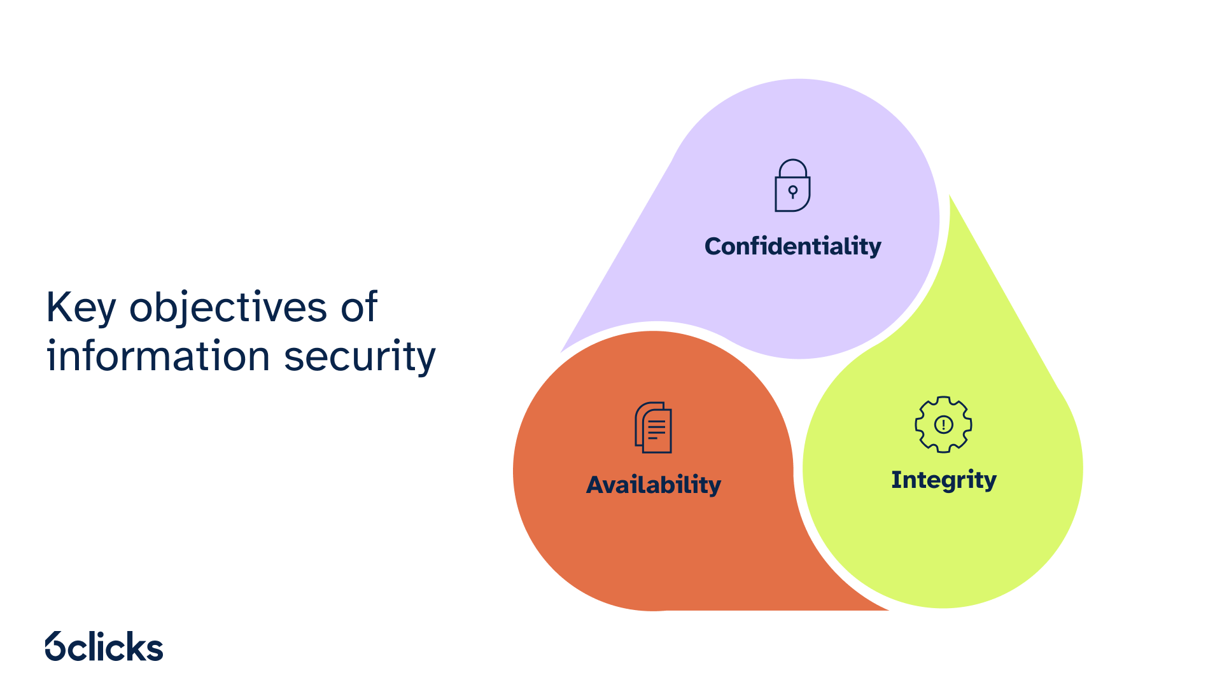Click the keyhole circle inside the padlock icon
pyautogui.click(x=793, y=190)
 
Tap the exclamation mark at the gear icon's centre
pyautogui.click(x=943, y=424)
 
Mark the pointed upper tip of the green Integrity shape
pyautogui.click(x=950, y=196)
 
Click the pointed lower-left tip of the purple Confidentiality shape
pyautogui.click(x=562, y=351)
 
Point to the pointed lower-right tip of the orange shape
pyautogui.click(x=887, y=609)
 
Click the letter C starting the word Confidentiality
pyautogui.click(x=713, y=246)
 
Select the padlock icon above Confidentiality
pyautogui.click(x=792, y=185)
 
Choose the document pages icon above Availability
pyautogui.click(x=653, y=427)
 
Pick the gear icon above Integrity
pyautogui.click(x=943, y=424)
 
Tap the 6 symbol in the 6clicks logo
pyautogui.click(x=55, y=646)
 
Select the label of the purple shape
pyautogui.click(x=793, y=246)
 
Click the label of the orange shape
pyautogui.click(x=654, y=485)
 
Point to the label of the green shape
pyautogui.click(x=944, y=480)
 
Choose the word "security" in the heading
pyautogui.click(x=360, y=357)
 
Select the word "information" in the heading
pyautogui.click(x=158, y=355)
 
